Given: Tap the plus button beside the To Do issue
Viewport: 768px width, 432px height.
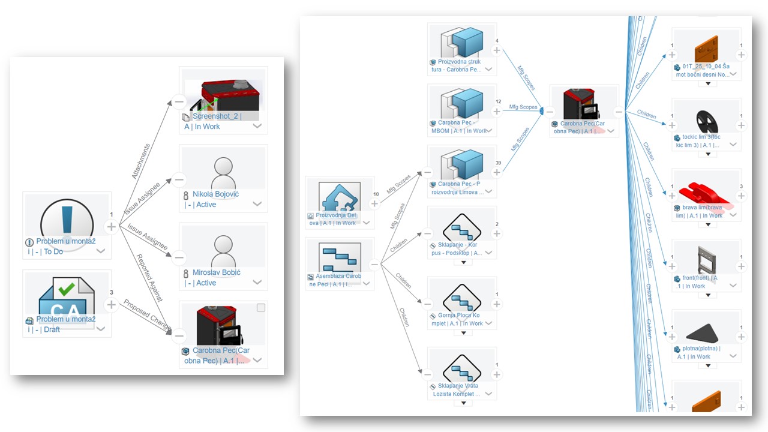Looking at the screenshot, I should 111,227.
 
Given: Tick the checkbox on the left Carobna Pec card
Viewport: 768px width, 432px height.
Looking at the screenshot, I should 260,308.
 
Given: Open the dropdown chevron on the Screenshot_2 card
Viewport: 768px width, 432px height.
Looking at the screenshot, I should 257,126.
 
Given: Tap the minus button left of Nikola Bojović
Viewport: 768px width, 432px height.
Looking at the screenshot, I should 179,179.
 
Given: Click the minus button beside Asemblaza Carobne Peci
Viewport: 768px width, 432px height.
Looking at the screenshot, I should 374,264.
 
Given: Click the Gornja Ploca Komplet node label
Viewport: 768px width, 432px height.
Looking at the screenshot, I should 460,319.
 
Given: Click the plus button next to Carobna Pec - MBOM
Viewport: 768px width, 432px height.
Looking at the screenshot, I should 496,112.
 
